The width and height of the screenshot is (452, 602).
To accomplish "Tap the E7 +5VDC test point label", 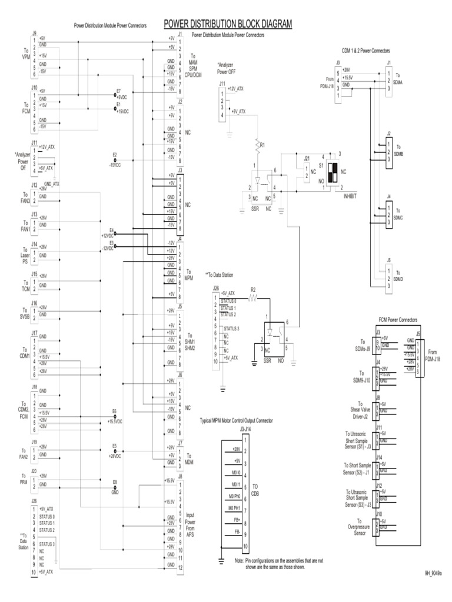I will [121, 95].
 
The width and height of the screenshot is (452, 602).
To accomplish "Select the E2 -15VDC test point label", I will [115, 162].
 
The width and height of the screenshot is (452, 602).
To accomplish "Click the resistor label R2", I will [253, 290].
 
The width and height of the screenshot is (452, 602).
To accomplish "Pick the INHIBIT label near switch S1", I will [350, 195].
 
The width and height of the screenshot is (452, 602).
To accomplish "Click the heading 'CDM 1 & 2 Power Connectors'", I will [365, 51].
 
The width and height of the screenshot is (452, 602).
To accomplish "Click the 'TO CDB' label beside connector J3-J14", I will [255, 490].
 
